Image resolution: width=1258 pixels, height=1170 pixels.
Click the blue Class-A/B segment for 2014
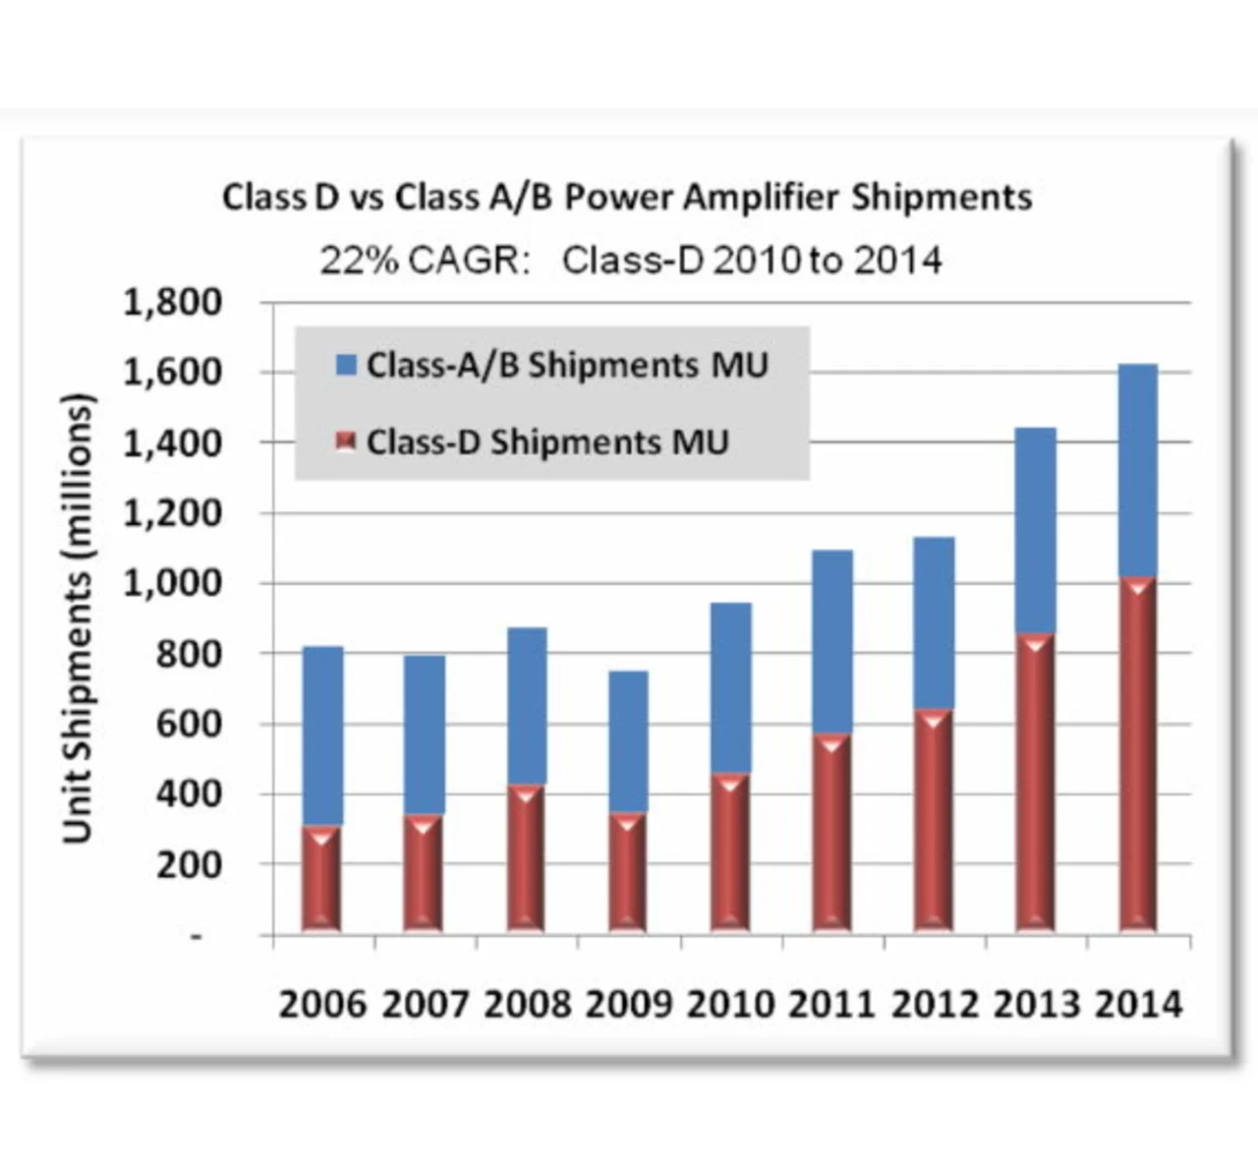(x=1138, y=470)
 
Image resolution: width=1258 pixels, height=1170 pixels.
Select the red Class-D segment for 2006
(x=321, y=878)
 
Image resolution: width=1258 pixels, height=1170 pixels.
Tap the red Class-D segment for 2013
(x=1036, y=783)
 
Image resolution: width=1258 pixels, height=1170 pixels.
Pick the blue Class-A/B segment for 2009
(x=628, y=741)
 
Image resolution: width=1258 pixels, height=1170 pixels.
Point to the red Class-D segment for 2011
(x=832, y=833)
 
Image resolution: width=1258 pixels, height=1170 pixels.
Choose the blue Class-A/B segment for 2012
(x=934, y=622)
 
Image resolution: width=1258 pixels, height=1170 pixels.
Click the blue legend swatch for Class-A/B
(x=346, y=366)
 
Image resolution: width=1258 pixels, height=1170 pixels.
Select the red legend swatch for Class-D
(x=346, y=442)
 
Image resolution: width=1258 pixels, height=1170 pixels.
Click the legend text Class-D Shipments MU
(x=547, y=442)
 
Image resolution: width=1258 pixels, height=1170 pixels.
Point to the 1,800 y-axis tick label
(x=173, y=302)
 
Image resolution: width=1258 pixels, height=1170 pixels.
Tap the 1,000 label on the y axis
(x=173, y=583)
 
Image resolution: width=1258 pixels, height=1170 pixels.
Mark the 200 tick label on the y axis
(x=189, y=864)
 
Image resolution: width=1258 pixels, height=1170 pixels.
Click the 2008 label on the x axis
(x=526, y=1005)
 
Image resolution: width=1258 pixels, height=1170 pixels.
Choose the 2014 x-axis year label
(x=1138, y=1005)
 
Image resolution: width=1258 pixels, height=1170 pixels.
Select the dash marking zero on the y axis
(x=197, y=936)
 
